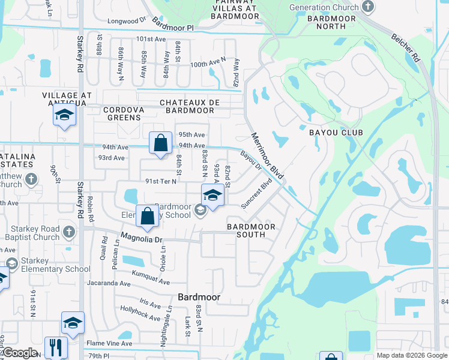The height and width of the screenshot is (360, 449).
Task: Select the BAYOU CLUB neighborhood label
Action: pos(333,131)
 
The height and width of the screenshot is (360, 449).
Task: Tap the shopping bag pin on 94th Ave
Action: pos(160,144)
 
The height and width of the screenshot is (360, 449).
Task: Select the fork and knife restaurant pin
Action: pos(56,347)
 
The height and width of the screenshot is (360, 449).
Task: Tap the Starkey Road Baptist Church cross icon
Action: pos(69,232)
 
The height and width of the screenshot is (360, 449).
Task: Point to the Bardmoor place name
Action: pos(199,297)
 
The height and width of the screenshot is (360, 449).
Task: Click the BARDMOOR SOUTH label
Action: pos(251,230)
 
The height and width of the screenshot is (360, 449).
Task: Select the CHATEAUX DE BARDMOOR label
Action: pos(187,106)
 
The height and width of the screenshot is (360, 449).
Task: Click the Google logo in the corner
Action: pos(20,353)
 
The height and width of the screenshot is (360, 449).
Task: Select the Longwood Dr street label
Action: pos(127,21)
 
